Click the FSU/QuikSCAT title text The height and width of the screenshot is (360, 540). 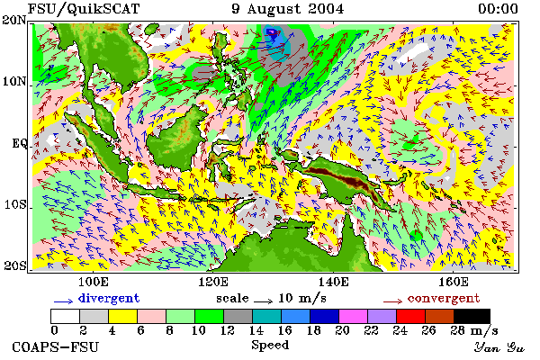[84, 9]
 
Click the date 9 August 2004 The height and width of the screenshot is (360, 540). [288, 9]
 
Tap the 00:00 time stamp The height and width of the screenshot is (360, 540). [498, 9]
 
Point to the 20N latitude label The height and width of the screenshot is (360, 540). [14, 20]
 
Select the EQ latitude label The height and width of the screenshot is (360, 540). [19, 143]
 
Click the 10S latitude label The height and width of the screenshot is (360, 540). [14, 204]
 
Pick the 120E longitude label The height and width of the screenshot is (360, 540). [213, 282]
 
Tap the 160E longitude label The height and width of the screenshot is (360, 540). [454, 282]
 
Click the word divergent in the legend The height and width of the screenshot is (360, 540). [109, 298]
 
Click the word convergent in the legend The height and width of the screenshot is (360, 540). [444, 298]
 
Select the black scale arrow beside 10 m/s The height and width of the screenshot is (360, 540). [263, 301]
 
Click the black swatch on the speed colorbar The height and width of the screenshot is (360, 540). [472, 316]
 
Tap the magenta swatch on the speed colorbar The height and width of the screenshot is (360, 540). [354, 316]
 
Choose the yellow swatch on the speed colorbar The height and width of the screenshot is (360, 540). [123, 316]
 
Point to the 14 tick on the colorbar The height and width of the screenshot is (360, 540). [256, 330]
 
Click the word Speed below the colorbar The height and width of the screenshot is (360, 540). [270, 346]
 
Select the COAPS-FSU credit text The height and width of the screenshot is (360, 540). [56, 346]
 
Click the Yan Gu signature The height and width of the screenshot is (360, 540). [499, 347]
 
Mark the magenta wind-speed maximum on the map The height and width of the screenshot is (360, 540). [272, 32]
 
